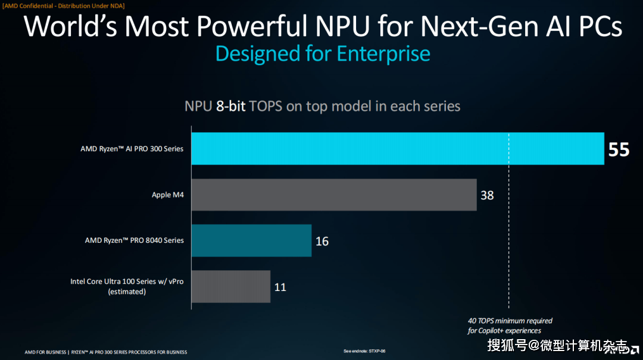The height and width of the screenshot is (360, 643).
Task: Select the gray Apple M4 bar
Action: point(334,195)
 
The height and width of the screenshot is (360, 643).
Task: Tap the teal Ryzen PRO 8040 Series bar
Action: point(251,240)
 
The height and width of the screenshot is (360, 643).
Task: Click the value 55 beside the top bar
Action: point(619,149)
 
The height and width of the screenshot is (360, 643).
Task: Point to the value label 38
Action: point(487,195)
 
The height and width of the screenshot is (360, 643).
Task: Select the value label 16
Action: point(322,241)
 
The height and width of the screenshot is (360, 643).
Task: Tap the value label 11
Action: point(280,287)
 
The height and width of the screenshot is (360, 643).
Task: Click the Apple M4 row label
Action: point(167,195)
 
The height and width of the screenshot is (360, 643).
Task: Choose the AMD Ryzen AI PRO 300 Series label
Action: point(132,149)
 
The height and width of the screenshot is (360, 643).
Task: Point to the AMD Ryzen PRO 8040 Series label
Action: point(134,240)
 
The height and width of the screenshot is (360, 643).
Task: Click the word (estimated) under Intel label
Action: point(127,292)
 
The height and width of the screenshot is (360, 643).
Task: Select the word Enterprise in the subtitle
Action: point(383,54)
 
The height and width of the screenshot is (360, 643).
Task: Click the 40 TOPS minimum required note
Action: point(510,321)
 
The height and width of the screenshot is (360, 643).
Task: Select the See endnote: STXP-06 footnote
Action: point(364,352)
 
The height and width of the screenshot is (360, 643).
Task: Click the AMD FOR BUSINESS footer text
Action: point(45,352)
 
